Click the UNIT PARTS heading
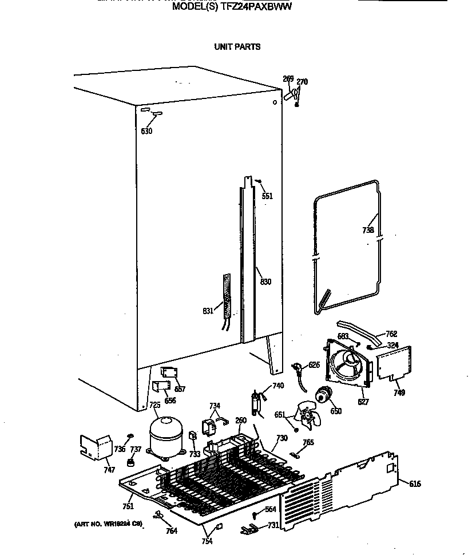click(237, 47)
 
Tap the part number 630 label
click(147, 131)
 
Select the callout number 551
click(267, 196)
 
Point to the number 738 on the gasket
click(368, 230)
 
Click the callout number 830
click(265, 282)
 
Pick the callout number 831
click(208, 311)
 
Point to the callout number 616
click(415, 484)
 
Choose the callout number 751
click(128, 506)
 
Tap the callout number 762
click(391, 334)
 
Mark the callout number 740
click(278, 386)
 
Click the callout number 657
click(180, 389)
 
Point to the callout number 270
click(302, 82)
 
